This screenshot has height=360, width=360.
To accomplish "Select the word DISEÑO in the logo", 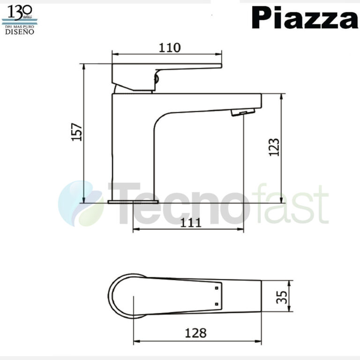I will pyautogui.click(x=20, y=32).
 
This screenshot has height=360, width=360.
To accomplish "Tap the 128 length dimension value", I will pyautogui.click(x=195, y=333).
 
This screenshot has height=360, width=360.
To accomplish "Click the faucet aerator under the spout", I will pyautogui.click(x=242, y=112).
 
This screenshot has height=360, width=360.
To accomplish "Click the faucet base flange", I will pyautogui.click(x=133, y=202).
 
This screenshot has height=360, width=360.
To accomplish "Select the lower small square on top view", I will pyautogui.click(x=216, y=304).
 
